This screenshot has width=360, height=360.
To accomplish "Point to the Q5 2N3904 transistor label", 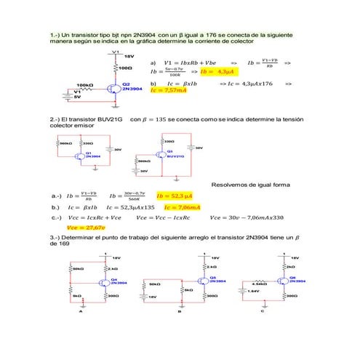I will [x=213, y=279].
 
